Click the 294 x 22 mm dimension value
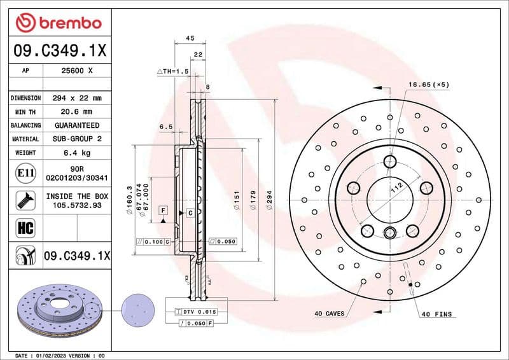coord(77,98)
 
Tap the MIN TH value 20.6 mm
coord(77,111)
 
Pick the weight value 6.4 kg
coord(77,153)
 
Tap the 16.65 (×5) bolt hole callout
coord(428,85)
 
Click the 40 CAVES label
coord(329,314)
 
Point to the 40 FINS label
coord(436,314)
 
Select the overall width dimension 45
coord(190,38)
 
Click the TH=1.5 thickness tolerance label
coord(173,72)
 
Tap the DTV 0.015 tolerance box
coord(199,312)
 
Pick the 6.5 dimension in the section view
coord(165,127)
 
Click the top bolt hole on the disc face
coord(390,161)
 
